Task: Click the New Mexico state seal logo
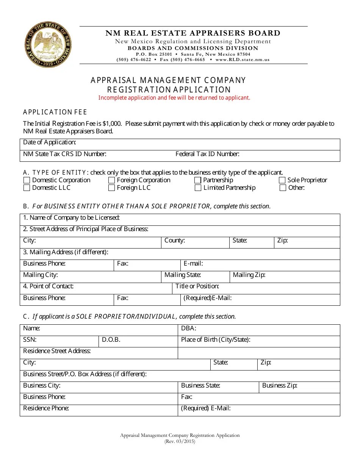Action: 47,44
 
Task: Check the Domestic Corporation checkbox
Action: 27,180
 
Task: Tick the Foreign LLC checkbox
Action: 111,188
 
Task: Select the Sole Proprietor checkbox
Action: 282,180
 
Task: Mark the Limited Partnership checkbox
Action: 198,188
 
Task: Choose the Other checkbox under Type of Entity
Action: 282,188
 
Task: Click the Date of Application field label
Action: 50,142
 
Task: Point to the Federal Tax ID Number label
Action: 207,154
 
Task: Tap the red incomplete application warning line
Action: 174,98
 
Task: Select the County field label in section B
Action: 174,241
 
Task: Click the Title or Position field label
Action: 197,286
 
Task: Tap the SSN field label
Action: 30,340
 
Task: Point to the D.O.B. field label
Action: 111,340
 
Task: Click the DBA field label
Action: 188,328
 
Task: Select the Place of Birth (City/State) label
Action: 216,340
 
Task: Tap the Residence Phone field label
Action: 46,408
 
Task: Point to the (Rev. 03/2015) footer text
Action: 180,441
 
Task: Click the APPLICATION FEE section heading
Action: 55,112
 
